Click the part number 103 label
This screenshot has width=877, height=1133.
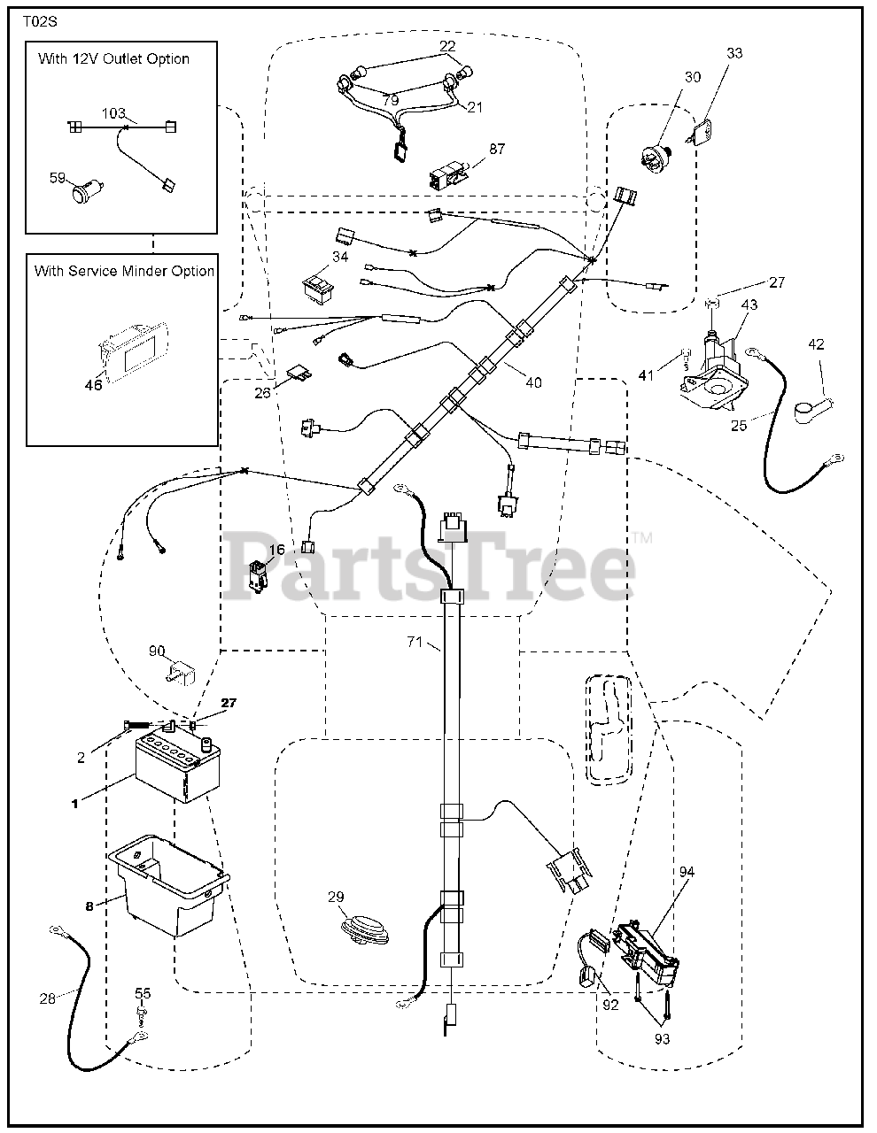tap(113, 114)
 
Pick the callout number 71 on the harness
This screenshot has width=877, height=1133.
tap(415, 643)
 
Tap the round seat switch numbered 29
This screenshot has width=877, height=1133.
tap(365, 935)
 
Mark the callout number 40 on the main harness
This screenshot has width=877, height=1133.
tap(532, 382)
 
